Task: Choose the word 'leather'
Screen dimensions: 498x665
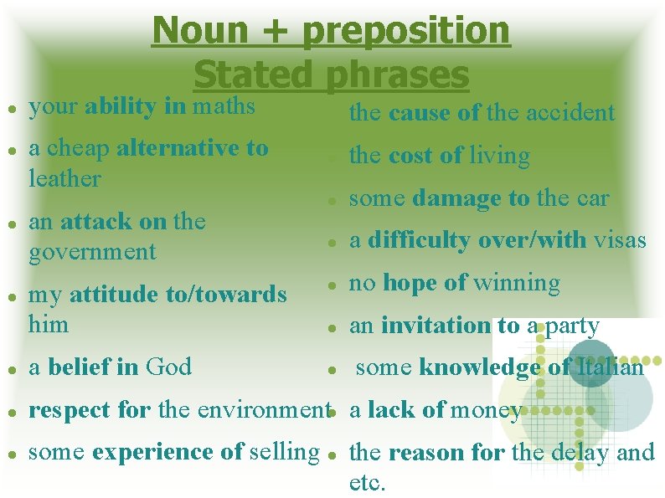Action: tap(64, 178)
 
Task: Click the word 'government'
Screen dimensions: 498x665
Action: tap(92, 251)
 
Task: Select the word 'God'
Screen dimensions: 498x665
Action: tap(168, 367)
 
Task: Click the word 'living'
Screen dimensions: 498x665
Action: tap(499, 156)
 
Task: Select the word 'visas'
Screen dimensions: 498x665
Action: tap(620, 241)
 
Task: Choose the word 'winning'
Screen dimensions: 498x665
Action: tap(516, 283)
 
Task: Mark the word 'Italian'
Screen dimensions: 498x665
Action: tap(609, 367)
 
